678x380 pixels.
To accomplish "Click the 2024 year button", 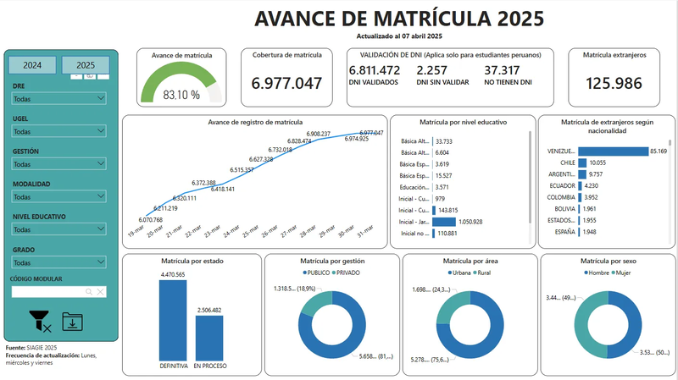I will pyautogui.click(x=32, y=65).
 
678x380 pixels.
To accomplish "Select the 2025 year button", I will pyautogui.click(x=85, y=65).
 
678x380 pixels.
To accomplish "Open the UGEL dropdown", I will pyautogui.click(x=58, y=131).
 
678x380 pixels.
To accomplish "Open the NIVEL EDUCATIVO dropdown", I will pyautogui.click(x=58, y=229).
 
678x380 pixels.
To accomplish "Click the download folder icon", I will pyautogui.click(x=73, y=322).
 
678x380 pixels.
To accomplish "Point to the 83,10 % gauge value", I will pyautogui.click(x=181, y=95).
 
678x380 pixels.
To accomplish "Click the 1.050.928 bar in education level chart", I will pyautogui.click(x=444, y=222).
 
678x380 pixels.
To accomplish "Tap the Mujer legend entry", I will pyautogui.click(x=622, y=273).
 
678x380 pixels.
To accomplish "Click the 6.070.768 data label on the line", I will pyautogui.click(x=147, y=219).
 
